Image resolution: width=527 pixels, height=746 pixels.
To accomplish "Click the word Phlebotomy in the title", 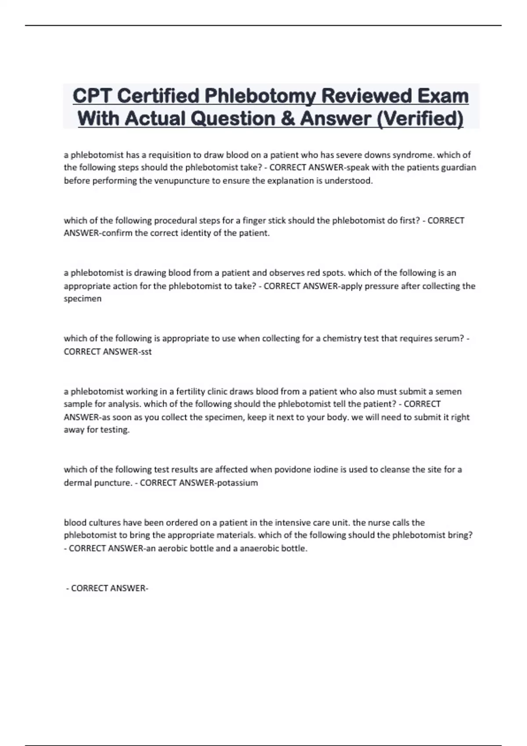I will coord(260,96).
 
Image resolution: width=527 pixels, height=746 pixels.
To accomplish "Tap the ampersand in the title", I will coord(288,119).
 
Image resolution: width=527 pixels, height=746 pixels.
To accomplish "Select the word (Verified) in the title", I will coord(420,119).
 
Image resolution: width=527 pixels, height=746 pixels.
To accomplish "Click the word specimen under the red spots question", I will coord(83,299).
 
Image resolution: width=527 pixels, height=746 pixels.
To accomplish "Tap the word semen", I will coord(448,391).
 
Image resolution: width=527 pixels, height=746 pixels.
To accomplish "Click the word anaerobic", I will coord(260,549).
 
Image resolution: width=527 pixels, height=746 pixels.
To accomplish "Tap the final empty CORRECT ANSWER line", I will coord(108,588).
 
